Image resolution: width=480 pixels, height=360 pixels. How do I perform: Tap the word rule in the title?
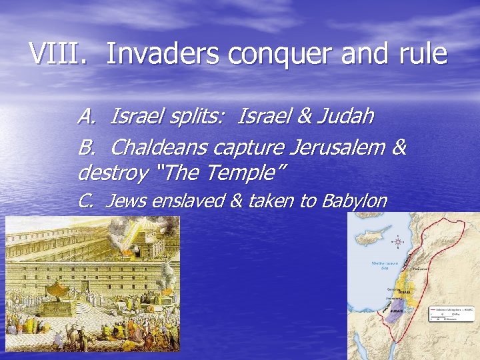point(421,54)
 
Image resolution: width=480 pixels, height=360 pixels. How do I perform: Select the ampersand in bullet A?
point(303,117)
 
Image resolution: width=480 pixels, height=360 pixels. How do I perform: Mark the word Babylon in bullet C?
point(354,200)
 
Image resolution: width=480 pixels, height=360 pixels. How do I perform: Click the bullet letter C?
point(85,200)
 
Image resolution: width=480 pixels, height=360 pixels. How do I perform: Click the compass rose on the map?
point(398,242)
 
